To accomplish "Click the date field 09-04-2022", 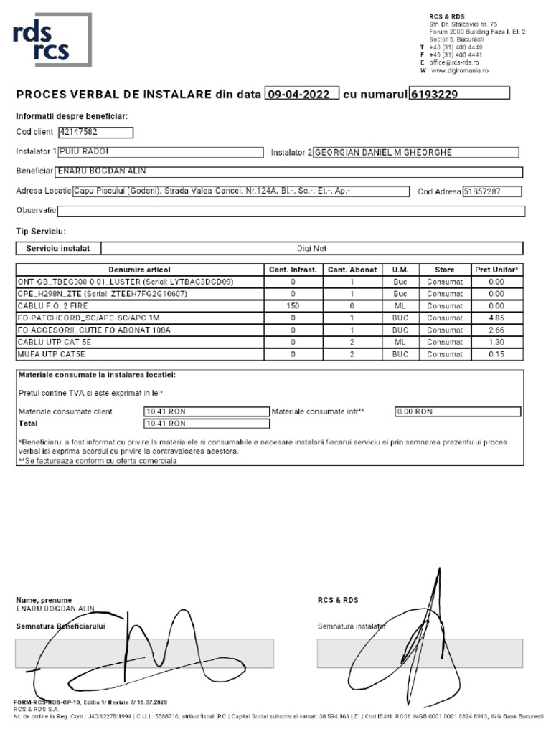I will click(x=301, y=94).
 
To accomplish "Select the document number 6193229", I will click(x=458, y=94).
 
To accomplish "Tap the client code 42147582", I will click(x=95, y=132).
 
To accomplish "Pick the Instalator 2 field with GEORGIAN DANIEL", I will click(x=415, y=152).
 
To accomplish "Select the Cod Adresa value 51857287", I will click(x=491, y=191).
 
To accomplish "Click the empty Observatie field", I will click(x=291, y=211).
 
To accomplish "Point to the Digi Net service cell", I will click(x=311, y=248).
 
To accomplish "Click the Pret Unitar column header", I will click(x=496, y=270).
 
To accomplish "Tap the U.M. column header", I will click(x=400, y=270).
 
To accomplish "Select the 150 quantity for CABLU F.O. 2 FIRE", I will click(x=293, y=306).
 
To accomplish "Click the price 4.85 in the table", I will click(x=496, y=318).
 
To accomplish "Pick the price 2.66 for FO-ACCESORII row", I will click(x=496, y=330).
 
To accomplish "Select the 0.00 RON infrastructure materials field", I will click(x=458, y=411).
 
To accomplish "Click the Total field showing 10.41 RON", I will click(x=206, y=424).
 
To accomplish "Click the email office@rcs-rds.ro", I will click(x=453, y=62).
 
